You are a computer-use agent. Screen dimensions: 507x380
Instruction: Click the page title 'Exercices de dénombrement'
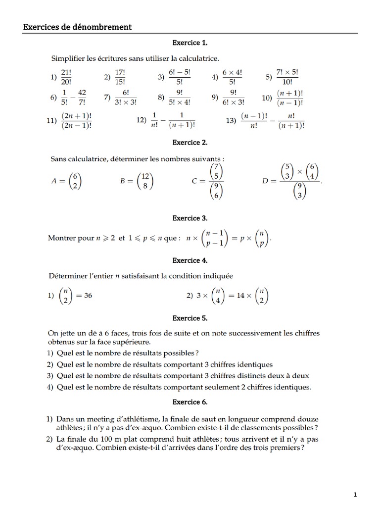pos(77,27)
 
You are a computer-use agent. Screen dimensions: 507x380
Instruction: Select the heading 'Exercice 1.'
pos(190,43)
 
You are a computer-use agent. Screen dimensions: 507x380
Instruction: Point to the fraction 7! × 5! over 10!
pos(288,77)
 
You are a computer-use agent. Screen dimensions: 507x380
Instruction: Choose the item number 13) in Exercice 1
pos(231,121)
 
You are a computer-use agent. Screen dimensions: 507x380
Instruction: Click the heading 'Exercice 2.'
pos(190,143)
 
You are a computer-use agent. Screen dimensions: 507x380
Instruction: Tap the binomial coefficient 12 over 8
pos(144,181)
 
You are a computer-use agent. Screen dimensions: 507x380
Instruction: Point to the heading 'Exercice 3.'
pos(190,218)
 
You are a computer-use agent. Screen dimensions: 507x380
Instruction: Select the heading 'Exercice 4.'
pos(190,260)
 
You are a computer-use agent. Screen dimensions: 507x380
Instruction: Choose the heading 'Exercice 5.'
pos(190,318)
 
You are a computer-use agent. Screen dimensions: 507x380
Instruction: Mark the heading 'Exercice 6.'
pos(190,402)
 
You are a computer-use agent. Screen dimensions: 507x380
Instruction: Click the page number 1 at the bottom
pos(355,495)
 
